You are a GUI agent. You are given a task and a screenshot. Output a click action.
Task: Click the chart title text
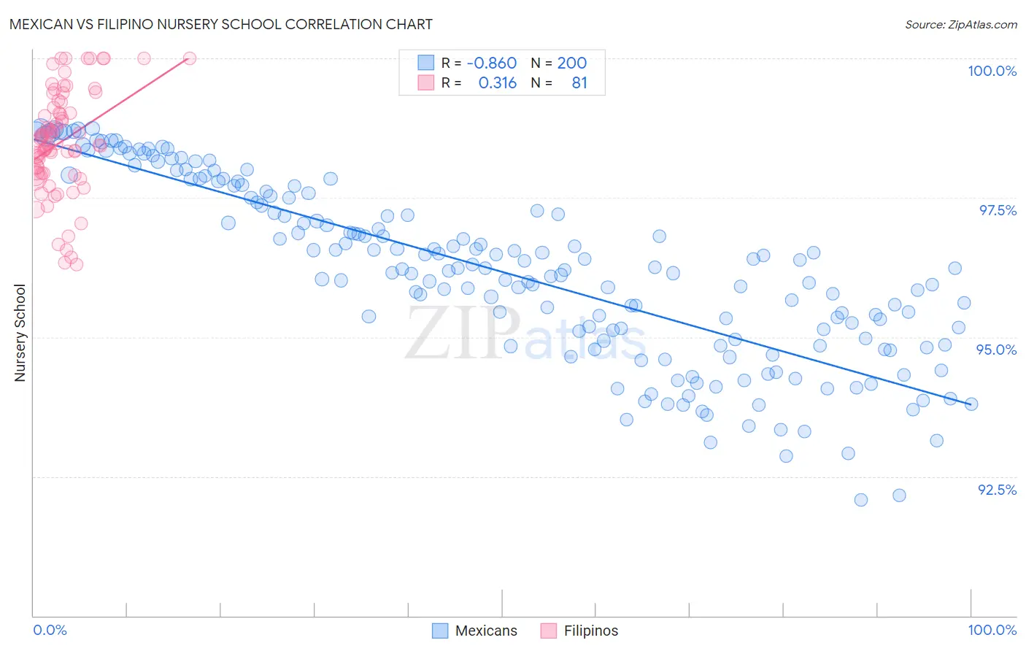click(x=221, y=24)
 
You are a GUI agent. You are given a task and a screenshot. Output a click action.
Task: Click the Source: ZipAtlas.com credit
click(x=960, y=24)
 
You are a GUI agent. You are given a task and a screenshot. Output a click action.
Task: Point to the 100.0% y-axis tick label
click(x=992, y=71)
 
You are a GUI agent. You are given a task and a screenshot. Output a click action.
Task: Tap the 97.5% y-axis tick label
click(x=998, y=210)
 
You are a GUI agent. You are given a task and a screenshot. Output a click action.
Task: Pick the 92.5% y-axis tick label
click(x=997, y=490)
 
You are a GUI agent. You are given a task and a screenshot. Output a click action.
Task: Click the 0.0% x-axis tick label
click(x=50, y=631)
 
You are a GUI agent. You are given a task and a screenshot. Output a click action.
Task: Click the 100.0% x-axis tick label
click(x=992, y=631)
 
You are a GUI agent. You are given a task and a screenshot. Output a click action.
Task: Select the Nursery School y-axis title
click(x=20, y=333)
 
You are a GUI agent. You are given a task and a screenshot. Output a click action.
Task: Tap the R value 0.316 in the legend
click(x=497, y=83)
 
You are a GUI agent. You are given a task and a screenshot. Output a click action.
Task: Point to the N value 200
click(x=572, y=63)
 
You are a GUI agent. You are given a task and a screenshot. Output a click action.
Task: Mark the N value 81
click(x=579, y=83)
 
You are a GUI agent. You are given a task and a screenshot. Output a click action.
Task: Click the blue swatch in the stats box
click(x=425, y=63)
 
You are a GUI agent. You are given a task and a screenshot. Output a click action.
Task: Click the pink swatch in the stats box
click(x=425, y=83)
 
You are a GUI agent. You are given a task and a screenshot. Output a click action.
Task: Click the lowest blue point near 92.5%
click(x=861, y=500)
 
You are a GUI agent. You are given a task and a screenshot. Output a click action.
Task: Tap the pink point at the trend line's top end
click(x=190, y=58)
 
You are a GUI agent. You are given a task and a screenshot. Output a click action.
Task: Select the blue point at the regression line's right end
click(x=971, y=404)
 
